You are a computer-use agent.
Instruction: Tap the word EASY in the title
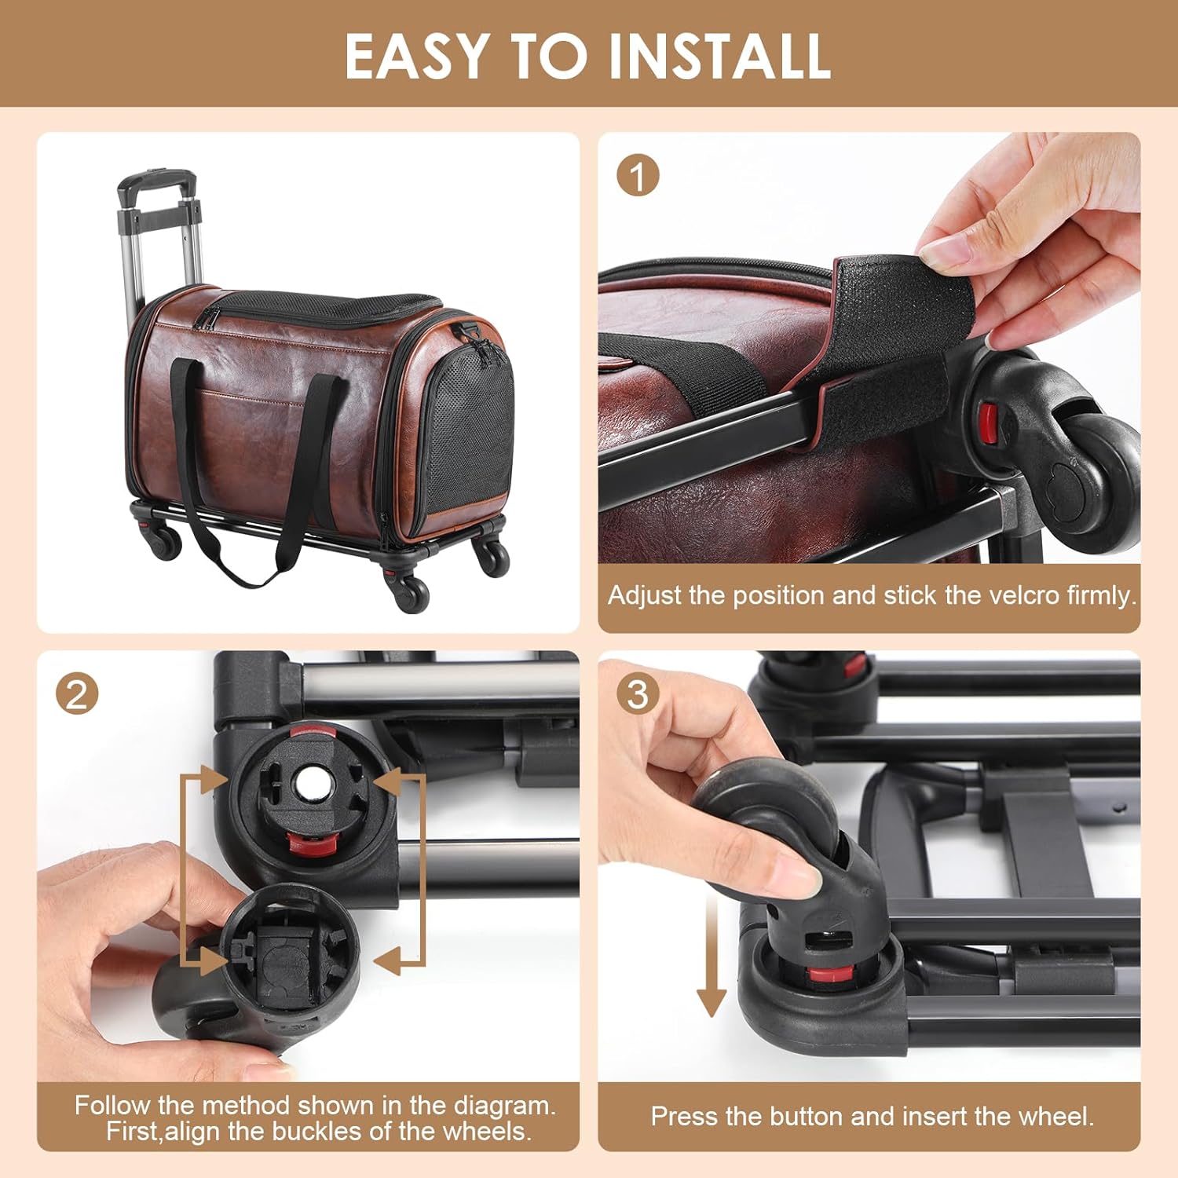pos(416,56)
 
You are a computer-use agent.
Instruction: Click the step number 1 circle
pos(638,176)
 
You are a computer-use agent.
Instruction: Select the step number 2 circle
pos(77,694)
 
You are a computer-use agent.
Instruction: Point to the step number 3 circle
pos(638,694)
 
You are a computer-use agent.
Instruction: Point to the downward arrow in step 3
pos(711,954)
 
